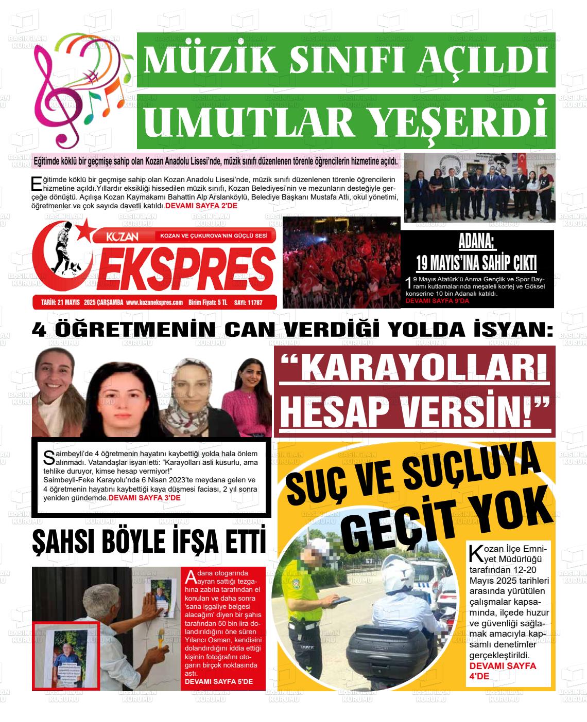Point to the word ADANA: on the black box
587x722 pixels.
coord(476,241)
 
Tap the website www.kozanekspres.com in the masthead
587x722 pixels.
coord(154,303)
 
